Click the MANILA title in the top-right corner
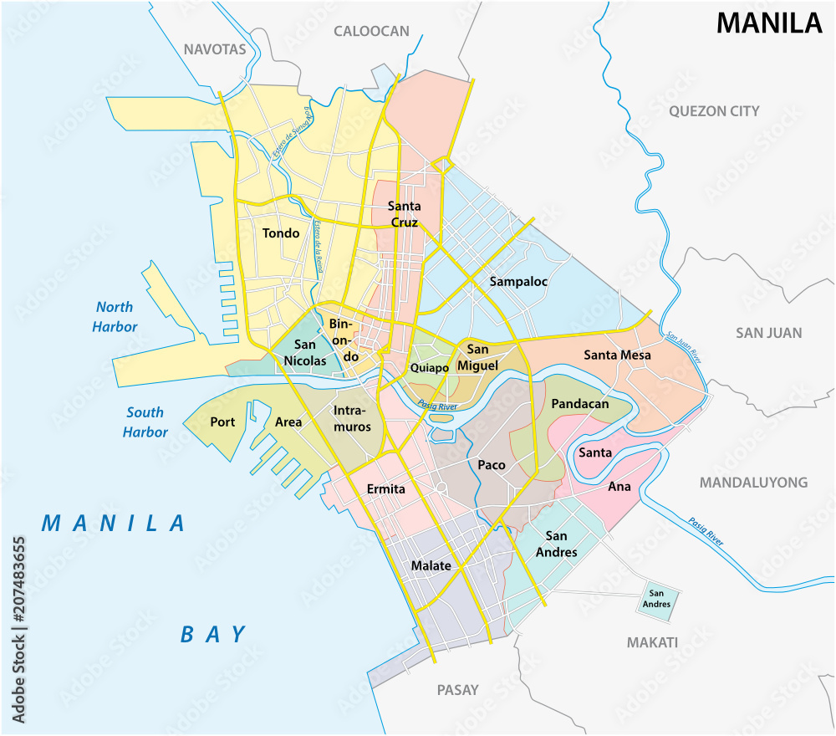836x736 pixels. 769,23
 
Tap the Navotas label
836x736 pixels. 216,49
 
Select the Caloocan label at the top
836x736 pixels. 371,32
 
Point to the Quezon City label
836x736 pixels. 714,111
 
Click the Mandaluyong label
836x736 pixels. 753,483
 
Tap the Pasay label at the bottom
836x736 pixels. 457,690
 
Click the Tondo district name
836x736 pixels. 280,233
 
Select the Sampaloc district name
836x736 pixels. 518,282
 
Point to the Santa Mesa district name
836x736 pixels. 617,355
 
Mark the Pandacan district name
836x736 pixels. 579,404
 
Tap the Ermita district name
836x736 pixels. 386,488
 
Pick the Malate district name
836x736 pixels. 431,566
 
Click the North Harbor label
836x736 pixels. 115,317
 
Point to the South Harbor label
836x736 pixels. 145,422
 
